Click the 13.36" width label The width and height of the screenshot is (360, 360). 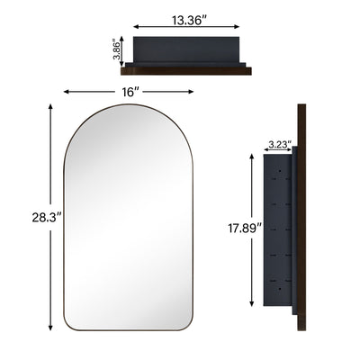tap(187, 18)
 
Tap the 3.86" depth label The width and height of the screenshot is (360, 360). tap(117, 49)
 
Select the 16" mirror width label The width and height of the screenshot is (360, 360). tap(131, 93)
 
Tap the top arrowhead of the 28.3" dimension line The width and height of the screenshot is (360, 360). tap(49, 106)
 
